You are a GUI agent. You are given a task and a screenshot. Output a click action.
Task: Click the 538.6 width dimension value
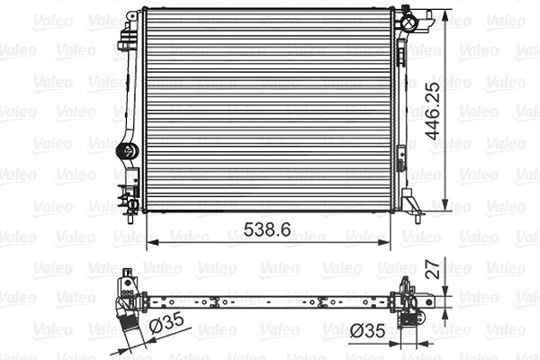pyautogui.click(x=267, y=229)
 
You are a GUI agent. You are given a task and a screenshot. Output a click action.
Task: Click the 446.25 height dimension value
pyautogui.click(x=433, y=111)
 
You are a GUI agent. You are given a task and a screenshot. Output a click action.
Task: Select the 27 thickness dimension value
pyautogui.click(x=433, y=269)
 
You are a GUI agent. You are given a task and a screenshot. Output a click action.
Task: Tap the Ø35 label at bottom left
pyautogui.click(x=166, y=323)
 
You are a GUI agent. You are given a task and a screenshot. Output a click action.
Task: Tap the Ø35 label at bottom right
pyautogui.click(x=367, y=331)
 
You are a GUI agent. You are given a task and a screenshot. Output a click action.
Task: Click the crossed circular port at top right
pyautogui.click(x=409, y=23)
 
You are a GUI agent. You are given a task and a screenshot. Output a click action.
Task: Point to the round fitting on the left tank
pyautogui.click(x=128, y=151)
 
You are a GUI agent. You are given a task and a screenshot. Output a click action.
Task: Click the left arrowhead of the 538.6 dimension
pyautogui.click(x=153, y=242)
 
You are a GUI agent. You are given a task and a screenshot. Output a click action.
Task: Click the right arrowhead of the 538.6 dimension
pyautogui.click(x=384, y=242)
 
